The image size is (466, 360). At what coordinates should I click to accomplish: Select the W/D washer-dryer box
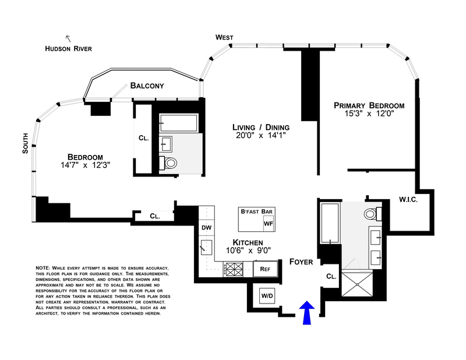[x=267, y=296]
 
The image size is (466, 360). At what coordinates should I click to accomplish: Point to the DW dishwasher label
[x=206, y=227]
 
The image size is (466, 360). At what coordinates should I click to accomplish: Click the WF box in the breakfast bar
[x=269, y=223]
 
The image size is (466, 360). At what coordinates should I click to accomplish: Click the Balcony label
[x=147, y=86]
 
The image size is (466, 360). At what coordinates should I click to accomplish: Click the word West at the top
[x=224, y=37]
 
